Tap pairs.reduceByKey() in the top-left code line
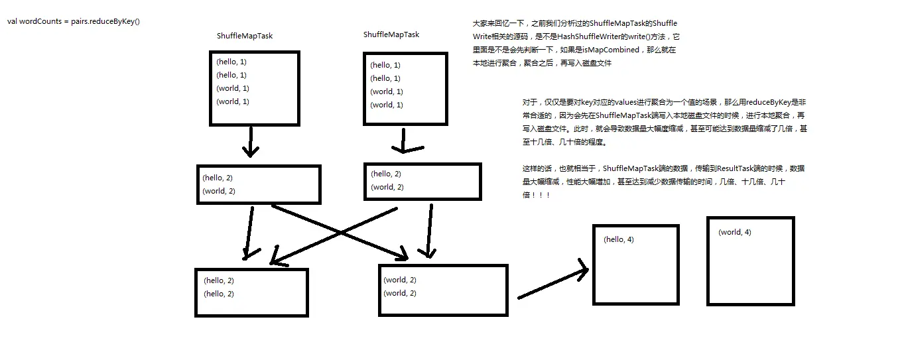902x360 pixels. pyautogui.click(x=105, y=21)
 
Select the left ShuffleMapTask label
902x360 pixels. pyautogui.click(x=245, y=36)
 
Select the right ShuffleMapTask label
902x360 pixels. pyautogui.click(x=391, y=34)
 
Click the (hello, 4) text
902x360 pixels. pyautogui.click(x=619, y=239)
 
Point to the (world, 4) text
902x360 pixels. pyautogui.click(x=735, y=232)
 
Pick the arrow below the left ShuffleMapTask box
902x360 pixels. pyautogui.click(x=250, y=142)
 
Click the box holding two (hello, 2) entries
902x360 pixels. pyautogui.click(x=251, y=292)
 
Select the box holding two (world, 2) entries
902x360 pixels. pyautogui.click(x=443, y=290)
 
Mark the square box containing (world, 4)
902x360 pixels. pyautogui.click(x=750, y=261)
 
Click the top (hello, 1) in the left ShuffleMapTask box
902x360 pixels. pyautogui.click(x=231, y=62)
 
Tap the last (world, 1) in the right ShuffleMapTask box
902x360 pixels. pyautogui.click(x=386, y=105)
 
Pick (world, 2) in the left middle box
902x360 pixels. pyautogui.click(x=219, y=191)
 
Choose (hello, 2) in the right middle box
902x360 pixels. pyautogui.click(x=386, y=174)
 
